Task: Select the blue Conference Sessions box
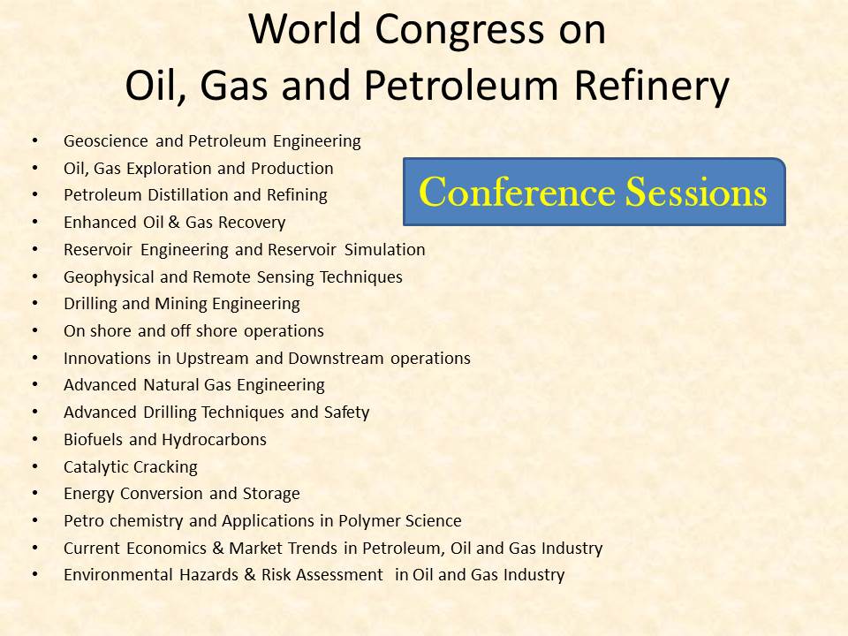tap(594, 193)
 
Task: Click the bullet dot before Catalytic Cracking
tap(34, 466)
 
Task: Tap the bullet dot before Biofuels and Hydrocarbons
tap(34, 439)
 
